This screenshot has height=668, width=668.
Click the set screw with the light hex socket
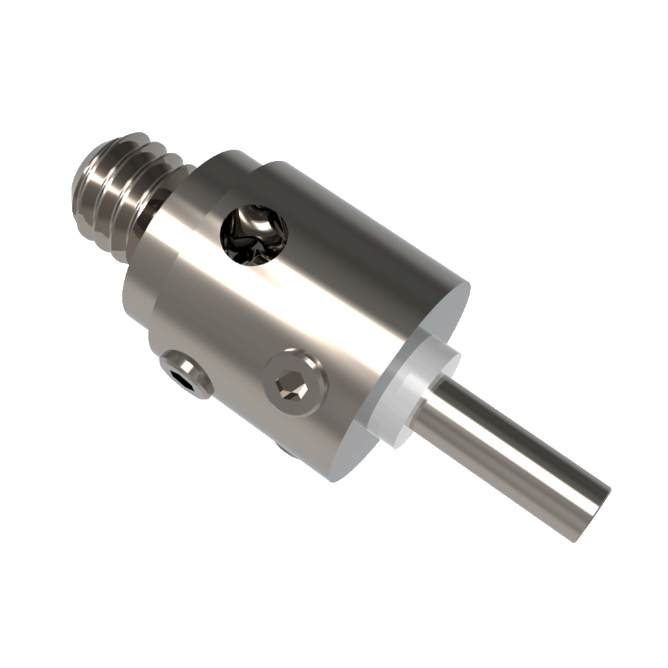295,383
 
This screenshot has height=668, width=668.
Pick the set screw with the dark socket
186,376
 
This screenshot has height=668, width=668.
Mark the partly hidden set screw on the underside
286,450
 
